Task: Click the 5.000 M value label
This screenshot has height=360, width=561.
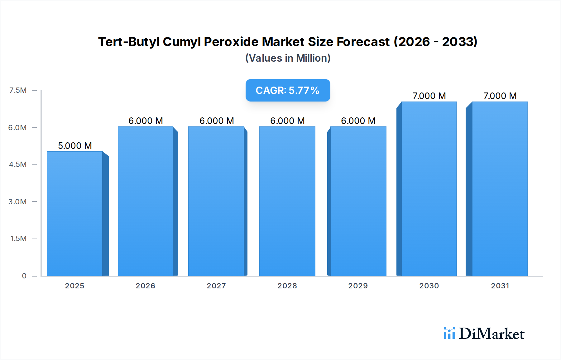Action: pyautogui.click(x=75, y=146)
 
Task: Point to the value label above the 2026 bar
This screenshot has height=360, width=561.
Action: pyautogui.click(x=146, y=121)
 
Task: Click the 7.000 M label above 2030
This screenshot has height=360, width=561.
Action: pyautogui.click(x=429, y=96)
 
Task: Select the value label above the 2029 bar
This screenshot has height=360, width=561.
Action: pyautogui.click(x=358, y=121)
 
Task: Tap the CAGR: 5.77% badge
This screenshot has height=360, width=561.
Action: pyautogui.click(x=287, y=90)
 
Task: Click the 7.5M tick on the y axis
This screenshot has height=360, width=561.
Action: pyautogui.click(x=18, y=90)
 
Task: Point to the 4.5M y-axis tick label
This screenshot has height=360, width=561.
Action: pyautogui.click(x=18, y=164)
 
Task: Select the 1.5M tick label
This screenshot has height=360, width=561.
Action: pyautogui.click(x=18, y=239)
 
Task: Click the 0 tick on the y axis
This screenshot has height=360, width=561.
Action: pyautogui.click(x=24, y=276)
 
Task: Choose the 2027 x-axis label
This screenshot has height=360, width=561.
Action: pyautogui.click(x=216, y=286)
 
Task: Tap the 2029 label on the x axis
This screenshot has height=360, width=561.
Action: pyautogui.click(x=358, y=286)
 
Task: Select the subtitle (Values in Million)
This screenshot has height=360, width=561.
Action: pyautogui.click(x=288, y=58)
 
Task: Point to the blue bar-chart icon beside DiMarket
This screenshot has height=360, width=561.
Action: pyautogui.click(x=449, y=333)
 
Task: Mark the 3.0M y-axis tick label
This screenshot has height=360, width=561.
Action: pyautogui.click(x=17, y=201)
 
